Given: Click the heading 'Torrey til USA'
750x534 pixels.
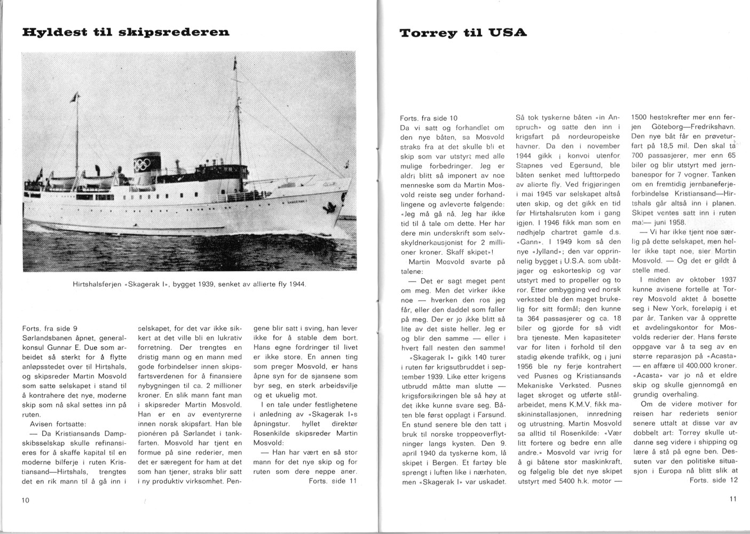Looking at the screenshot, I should (x=463, y=33).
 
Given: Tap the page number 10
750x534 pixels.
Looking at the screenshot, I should (x=26, y=500).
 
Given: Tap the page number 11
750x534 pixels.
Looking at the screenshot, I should (x=731, y=499).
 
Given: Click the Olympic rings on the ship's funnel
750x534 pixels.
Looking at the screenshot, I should (x=143, y=165).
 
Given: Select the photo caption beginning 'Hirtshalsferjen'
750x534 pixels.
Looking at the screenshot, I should (x=189, y=284).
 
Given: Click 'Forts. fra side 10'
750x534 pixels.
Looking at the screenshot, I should (x=429, y=118).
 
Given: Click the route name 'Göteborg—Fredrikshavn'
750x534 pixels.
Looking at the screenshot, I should (x=693, y=127).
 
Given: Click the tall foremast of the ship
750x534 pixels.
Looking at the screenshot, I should (x=235, y=107).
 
